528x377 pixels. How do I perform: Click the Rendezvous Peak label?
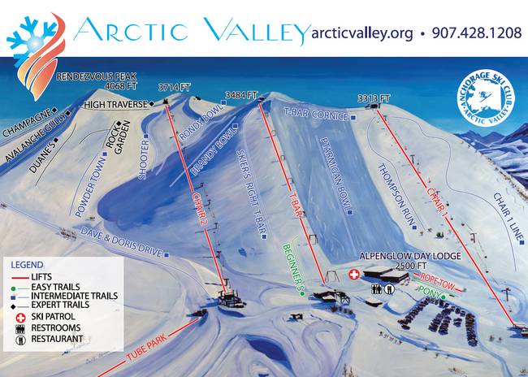tap(91, 78)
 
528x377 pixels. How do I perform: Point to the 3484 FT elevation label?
tap(241, 94)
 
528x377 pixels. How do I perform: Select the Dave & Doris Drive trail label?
tap(122, 243)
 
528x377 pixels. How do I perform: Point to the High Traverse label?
tap(118, 104)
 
